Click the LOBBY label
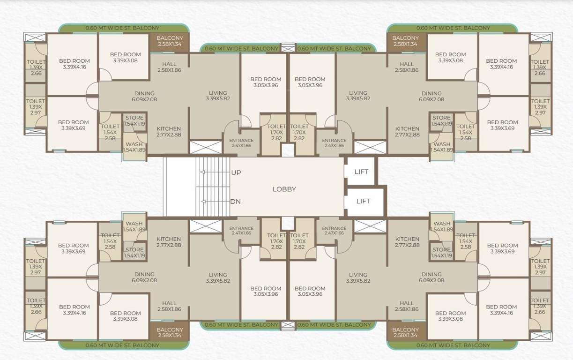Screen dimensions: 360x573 [x=284, y=189]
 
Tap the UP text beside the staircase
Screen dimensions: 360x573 [x=236, y=173]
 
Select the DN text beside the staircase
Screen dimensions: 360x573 [x=236, y=202]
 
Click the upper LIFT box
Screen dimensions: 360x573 [x=361, y=172]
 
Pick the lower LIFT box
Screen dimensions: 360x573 [x=363, y=201]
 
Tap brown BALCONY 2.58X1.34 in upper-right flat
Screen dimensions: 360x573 [x=405, y=41]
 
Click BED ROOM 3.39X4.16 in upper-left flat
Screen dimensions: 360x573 [x=74, y=64]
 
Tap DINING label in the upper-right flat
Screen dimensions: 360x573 [x=431, y=96]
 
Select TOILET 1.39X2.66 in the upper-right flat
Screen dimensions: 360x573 [x=540, y=67]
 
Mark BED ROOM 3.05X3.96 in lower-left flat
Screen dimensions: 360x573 [x=265, y=291]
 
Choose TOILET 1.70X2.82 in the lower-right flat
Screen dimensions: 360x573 [x=299, y=241]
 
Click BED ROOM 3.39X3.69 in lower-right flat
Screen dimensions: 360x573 [x=502, y=248]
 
